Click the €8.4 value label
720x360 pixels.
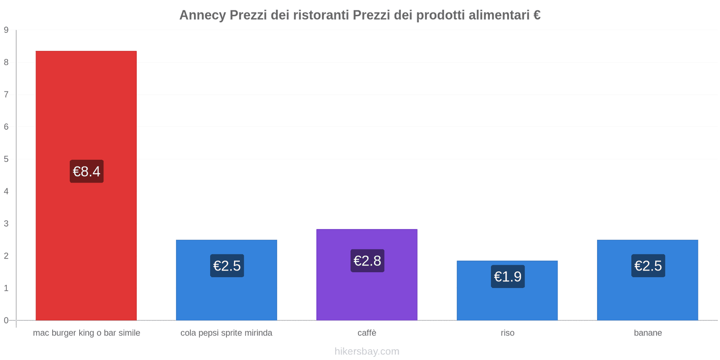point(86,171)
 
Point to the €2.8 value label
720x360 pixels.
point(367,261)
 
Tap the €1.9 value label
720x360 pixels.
point(508,276)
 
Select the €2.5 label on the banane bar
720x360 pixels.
point(648,265)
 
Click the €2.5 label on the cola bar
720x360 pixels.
point(227,265)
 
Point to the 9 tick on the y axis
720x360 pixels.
point(6,30)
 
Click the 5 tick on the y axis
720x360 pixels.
point(6,159)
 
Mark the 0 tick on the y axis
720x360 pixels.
point(6,320)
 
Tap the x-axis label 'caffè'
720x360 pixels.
point(367,333)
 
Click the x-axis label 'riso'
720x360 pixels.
point(507,333)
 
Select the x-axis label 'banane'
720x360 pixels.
point(648,333)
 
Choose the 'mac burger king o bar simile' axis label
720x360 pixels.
point(86,333)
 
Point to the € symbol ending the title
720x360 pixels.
point(536,15)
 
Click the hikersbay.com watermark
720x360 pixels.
point(367,351)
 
